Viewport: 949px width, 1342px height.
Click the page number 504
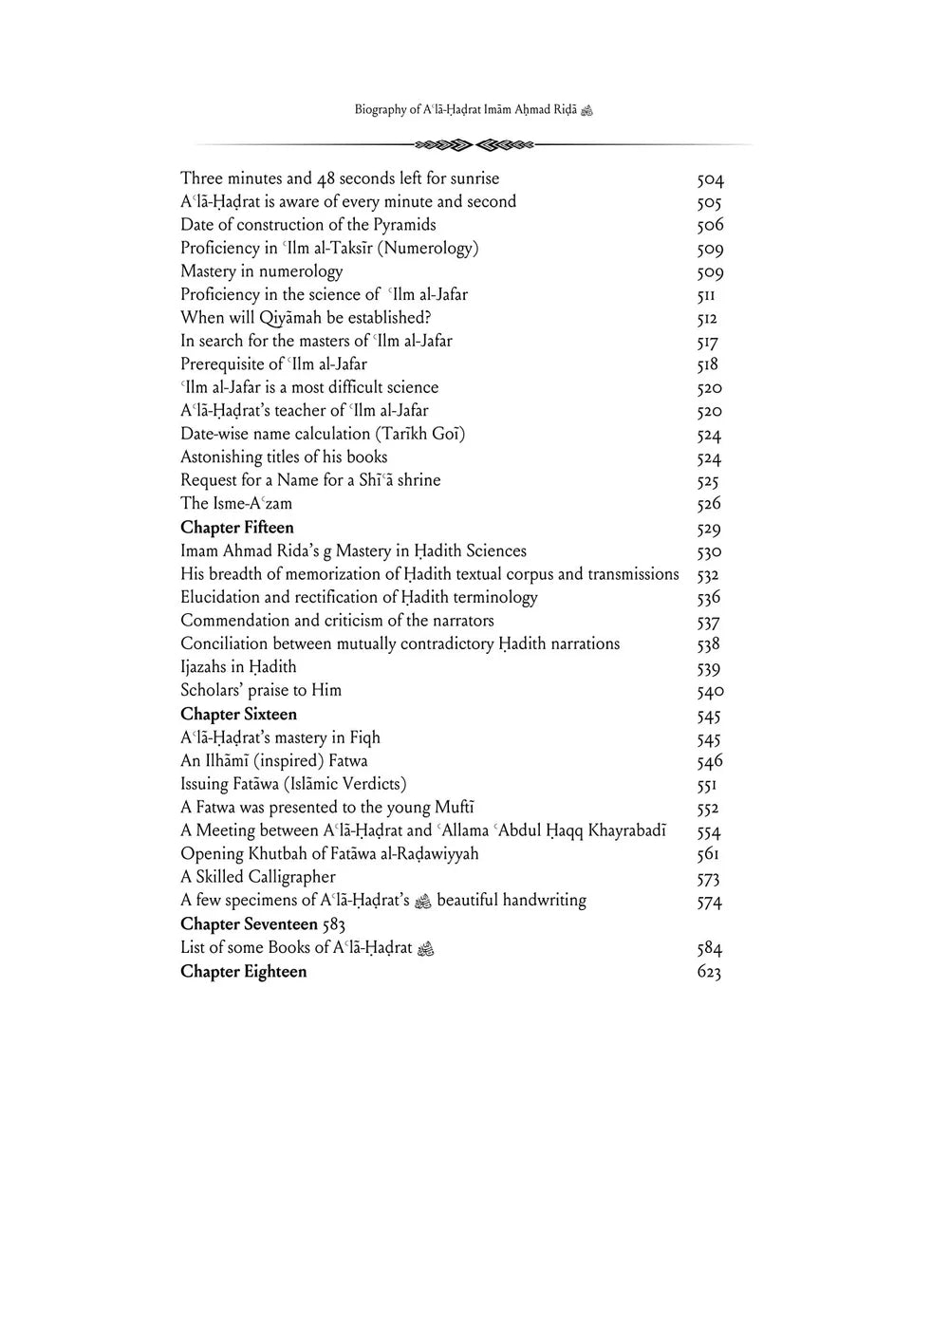pos(710,179)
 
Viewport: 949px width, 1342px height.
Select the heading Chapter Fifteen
pos(237,528)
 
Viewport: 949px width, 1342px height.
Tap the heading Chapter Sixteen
pos(238,714)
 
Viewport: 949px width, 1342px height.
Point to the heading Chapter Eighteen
pos(243,971)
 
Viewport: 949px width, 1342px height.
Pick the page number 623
pos(709,972)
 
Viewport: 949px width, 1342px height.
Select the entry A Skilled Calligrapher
pos(258,877)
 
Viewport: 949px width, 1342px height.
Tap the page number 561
pos(708,854)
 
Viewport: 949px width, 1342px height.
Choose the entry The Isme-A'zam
pos(236,504)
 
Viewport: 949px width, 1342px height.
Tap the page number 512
pos(707,319)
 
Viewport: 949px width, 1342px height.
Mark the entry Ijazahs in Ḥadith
pos(238,667)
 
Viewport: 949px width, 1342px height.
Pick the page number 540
pos(710,691)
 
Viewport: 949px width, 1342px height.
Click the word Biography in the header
pos(381,110)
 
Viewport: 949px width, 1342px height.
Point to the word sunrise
pos(468,178)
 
